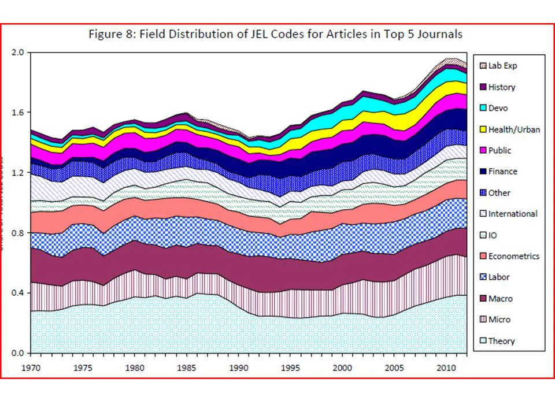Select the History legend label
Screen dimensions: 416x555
pos(501,87)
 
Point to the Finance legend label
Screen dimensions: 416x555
pos(502,172)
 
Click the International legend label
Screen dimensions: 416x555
pos(512,214)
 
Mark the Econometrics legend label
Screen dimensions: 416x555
pos(513,256)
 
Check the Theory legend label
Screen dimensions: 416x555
pos(501,341)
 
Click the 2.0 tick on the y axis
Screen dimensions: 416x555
pos(18,53)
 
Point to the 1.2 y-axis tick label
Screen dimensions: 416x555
pos(18,173)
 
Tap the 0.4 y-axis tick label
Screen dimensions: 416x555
pos(18,293)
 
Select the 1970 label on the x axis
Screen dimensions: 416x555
pos(31,367)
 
